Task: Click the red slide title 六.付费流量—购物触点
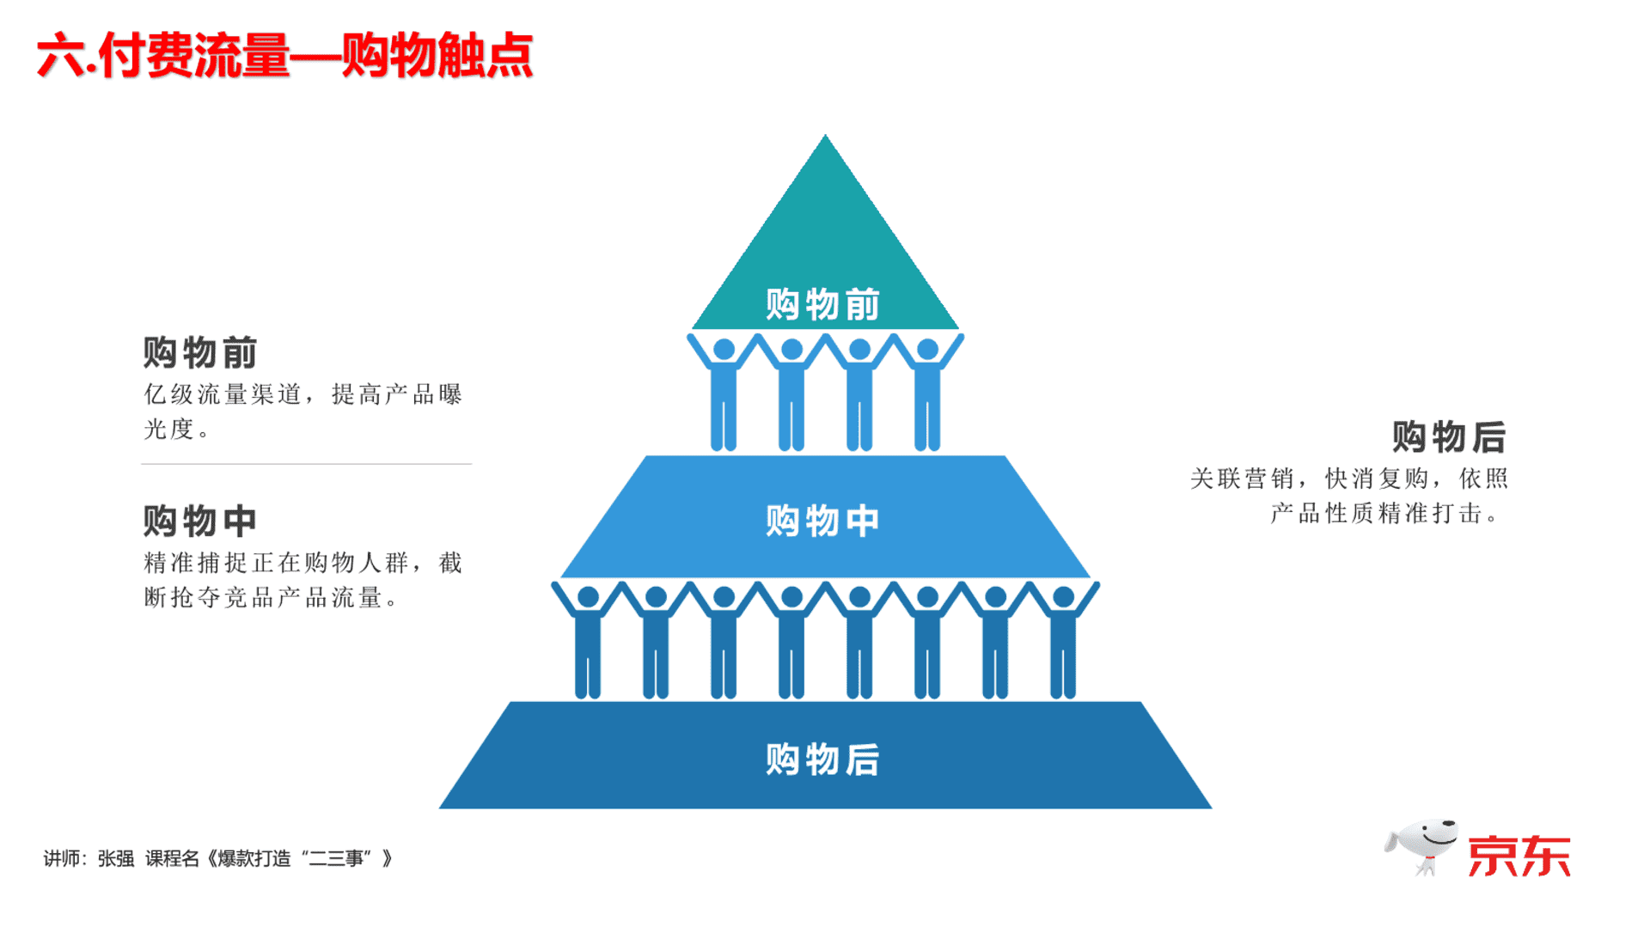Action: click(284, 56)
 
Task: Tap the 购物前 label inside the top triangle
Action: click(822, 304)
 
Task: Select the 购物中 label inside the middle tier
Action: click(822, 521)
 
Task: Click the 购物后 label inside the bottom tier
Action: click(822, 759)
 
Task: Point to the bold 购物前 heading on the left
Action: click(200, 353)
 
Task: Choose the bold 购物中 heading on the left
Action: click(200, 521)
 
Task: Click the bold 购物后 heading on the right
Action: click(1449, 436)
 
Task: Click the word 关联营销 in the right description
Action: click(1242, 479)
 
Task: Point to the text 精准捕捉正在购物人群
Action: click(275, 563)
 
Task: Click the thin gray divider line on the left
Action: click(306, 464)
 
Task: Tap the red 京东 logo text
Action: click(1519, 856)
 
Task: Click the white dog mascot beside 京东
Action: click(1421, 846)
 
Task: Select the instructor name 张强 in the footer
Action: click(116, 858)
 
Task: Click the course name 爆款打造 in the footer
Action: click(254, 858)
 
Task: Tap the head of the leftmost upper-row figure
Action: click(724, 350)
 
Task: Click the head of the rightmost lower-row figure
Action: click(1063, 597)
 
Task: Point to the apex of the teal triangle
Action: click(825, 134)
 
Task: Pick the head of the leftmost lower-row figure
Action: click(589, 597)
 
